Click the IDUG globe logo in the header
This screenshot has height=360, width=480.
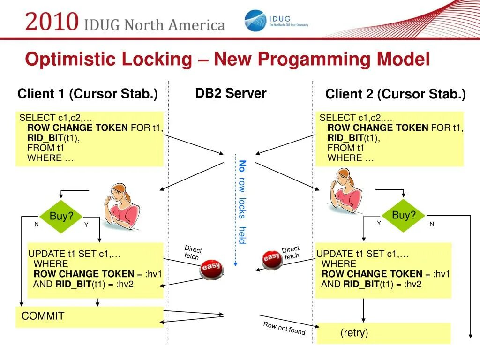pos(255,21)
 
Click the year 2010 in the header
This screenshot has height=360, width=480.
pos(52,22)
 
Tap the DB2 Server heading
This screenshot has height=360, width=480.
pos(231,93)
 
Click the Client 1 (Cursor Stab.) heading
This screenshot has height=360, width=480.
pos(88,94)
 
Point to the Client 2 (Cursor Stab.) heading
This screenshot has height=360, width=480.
pos(395,95)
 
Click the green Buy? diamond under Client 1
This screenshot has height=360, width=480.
pos(61,217)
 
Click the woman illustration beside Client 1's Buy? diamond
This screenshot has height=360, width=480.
pos(121,204)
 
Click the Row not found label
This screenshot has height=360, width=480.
pos(284,328)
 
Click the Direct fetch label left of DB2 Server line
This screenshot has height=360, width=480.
pos(192,252)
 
